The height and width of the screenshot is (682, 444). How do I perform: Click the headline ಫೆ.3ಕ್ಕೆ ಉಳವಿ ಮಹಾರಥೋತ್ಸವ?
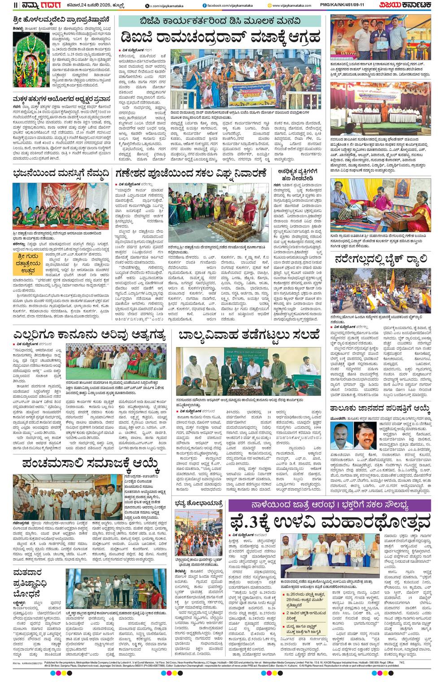click(x=330, y=521)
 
